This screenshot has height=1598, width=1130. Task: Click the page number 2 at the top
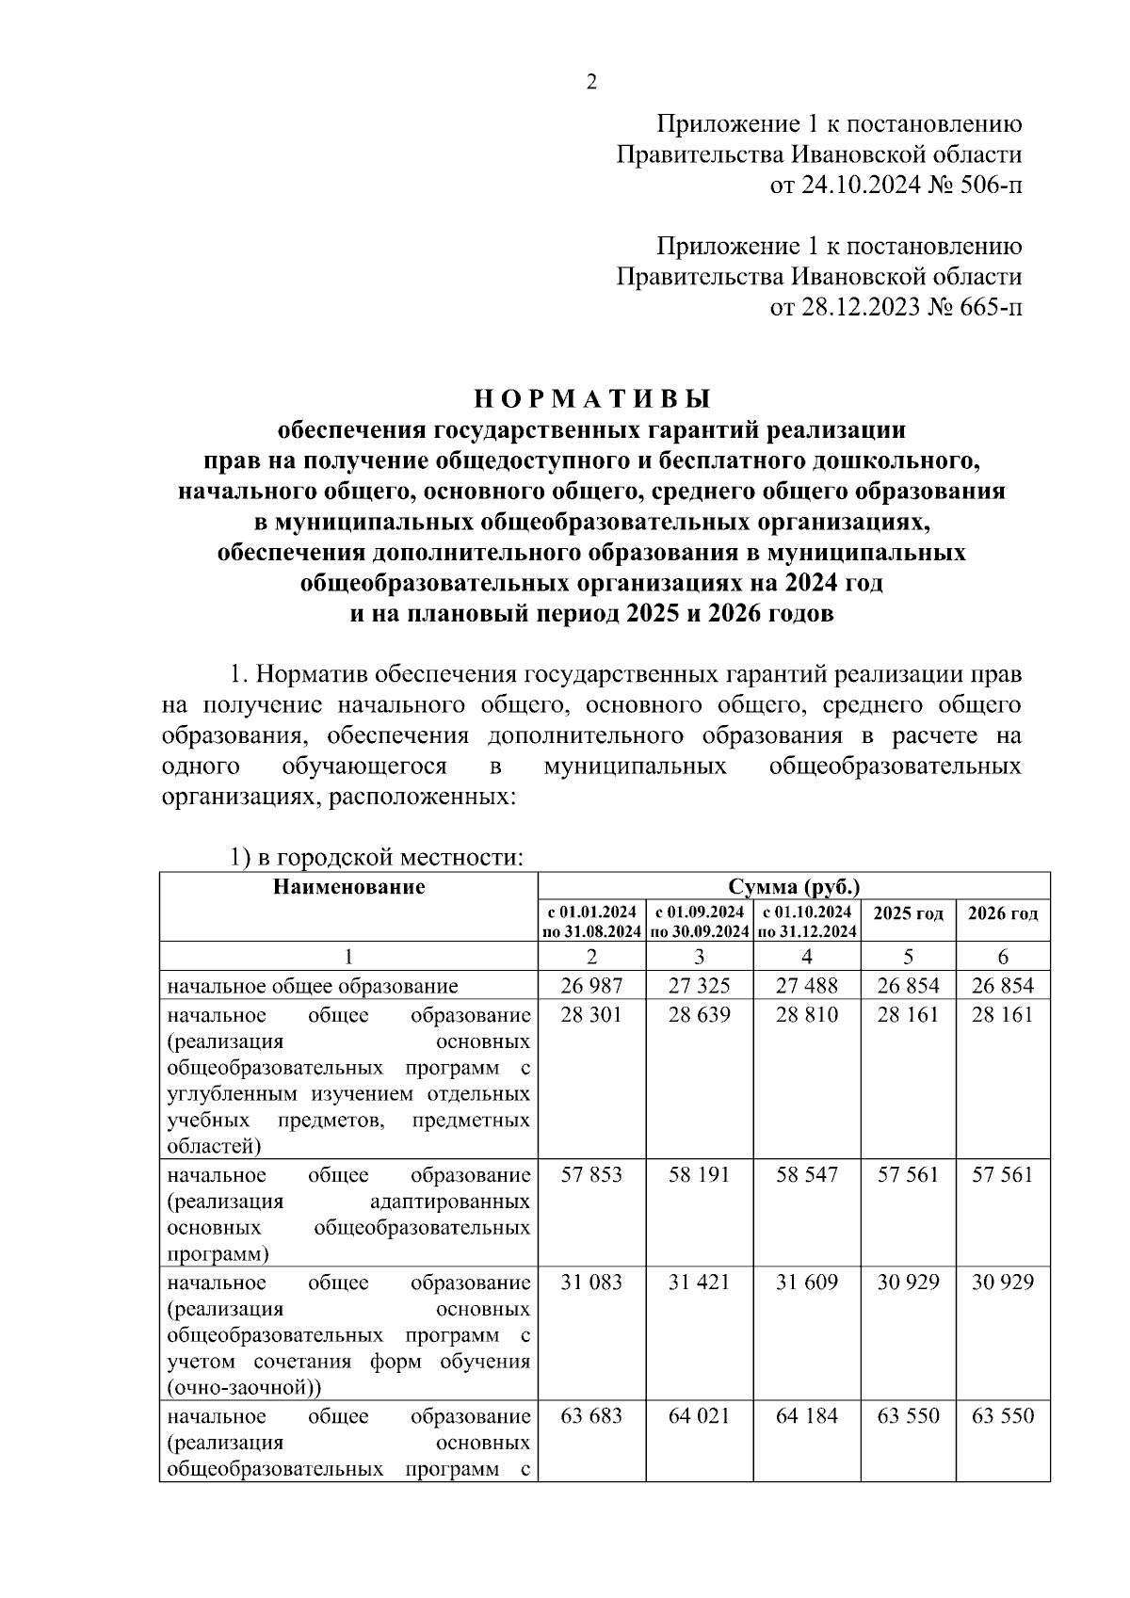(x=591, y=83)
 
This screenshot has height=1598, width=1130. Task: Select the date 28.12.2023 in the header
(x=858, y=308)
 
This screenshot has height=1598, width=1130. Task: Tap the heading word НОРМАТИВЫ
(x=591, y=399)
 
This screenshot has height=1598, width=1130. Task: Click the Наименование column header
(x=348, y=887)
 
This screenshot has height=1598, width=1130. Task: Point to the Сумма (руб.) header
(x=793, y=887)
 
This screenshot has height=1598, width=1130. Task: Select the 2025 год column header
(x=908, y=913)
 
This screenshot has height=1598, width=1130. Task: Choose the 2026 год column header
(x=1003, y=913)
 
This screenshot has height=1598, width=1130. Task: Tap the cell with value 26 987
(x=591, y=986)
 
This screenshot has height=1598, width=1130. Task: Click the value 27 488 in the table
(x=806, y=986)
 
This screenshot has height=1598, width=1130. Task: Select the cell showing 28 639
(x=699, y=1015)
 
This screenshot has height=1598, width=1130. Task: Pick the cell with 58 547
(x=806, y=1175)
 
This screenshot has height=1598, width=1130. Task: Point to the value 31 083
(x=591, y=1283)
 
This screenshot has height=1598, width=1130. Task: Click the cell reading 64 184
(x=806, y=1416)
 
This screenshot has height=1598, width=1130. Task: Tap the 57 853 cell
(x=591, y=1175)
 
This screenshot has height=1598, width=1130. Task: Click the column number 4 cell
(x=806, y=957)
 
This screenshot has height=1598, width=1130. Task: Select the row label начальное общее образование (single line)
(x=313, y=987)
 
